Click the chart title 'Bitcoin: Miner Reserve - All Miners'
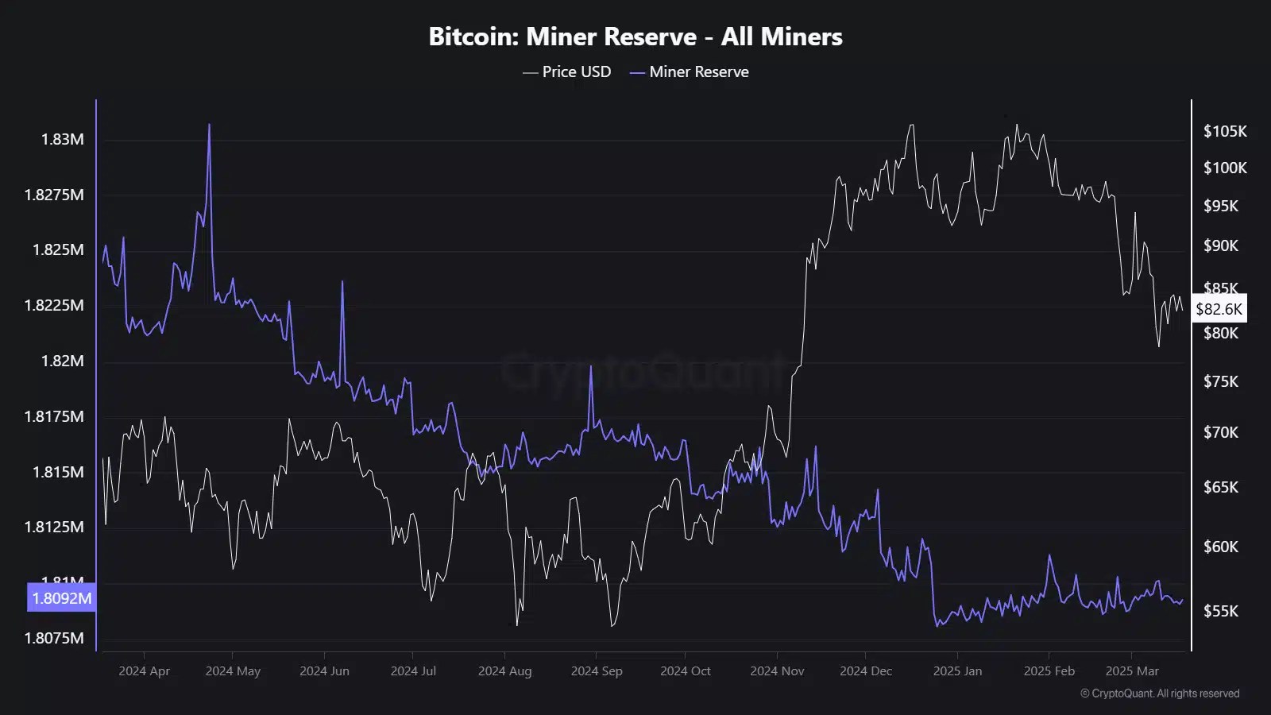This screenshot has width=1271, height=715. [x=635, y=37]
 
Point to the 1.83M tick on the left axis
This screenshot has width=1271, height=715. [x=62, y=139]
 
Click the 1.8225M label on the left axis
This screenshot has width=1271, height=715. [x=54, y=305]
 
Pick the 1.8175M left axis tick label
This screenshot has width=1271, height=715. [x=54, y=416]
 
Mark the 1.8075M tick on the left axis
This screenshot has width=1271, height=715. [x=54, y=638]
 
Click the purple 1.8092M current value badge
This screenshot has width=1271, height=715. [x=62, y=598]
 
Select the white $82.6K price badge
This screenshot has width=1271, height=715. [x=1219, y=309]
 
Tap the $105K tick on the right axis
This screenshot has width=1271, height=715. [x=1225, y=131]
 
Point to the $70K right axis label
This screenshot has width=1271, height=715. [x=1221, y=432]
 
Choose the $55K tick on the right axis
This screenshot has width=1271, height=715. [x=1221, y=611]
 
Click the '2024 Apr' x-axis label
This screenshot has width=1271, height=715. [x=144, y=671]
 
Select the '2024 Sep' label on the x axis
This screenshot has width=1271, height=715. [x=597, y=671]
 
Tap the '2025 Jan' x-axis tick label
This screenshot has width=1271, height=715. [x=957, y=671]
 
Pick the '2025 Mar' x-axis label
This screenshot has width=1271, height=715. [x=1132, y=671]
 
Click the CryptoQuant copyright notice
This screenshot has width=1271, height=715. [x=1160, y=694]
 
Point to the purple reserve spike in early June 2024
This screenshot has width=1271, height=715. [x=342, y=284]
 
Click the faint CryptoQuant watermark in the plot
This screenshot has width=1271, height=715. [x=643, y=370]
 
